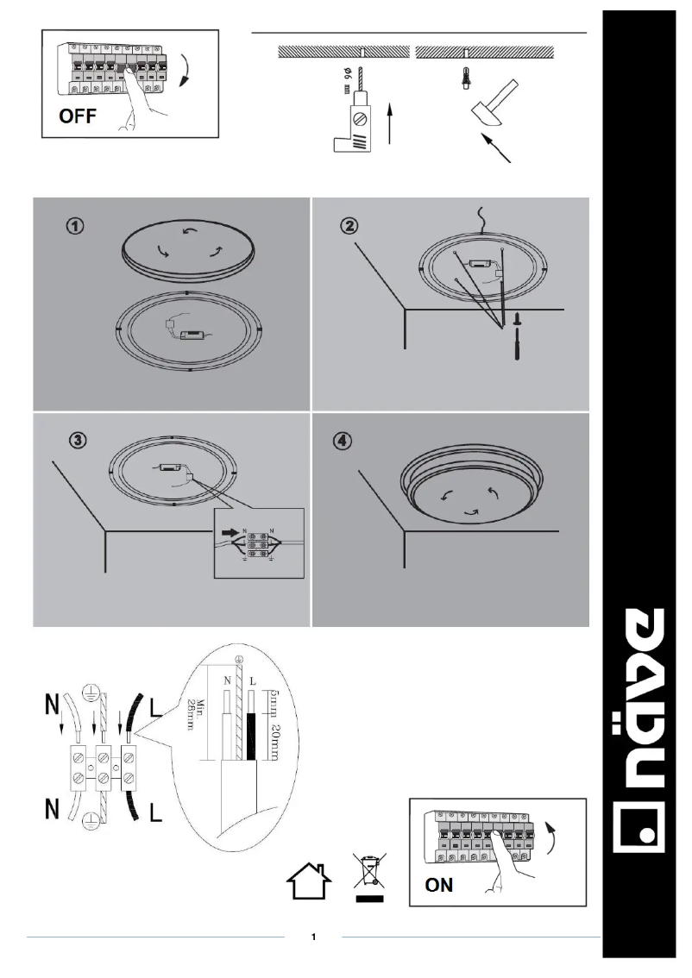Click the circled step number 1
(77, 226)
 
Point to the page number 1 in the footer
(314, 937)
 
